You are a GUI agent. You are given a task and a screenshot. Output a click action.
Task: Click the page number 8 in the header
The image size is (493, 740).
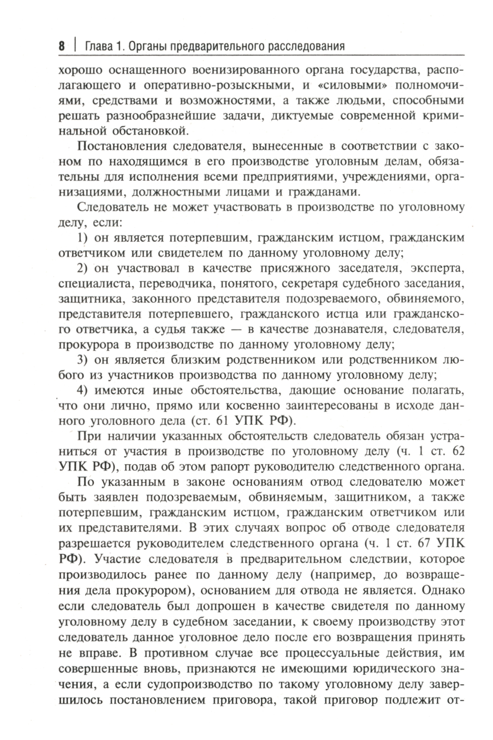click(x=62, y=47)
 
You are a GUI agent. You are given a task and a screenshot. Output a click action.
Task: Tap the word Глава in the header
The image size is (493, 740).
click(x=99, y=47)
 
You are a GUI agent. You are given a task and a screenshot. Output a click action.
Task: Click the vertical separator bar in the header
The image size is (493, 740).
click(x=75, y=47)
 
